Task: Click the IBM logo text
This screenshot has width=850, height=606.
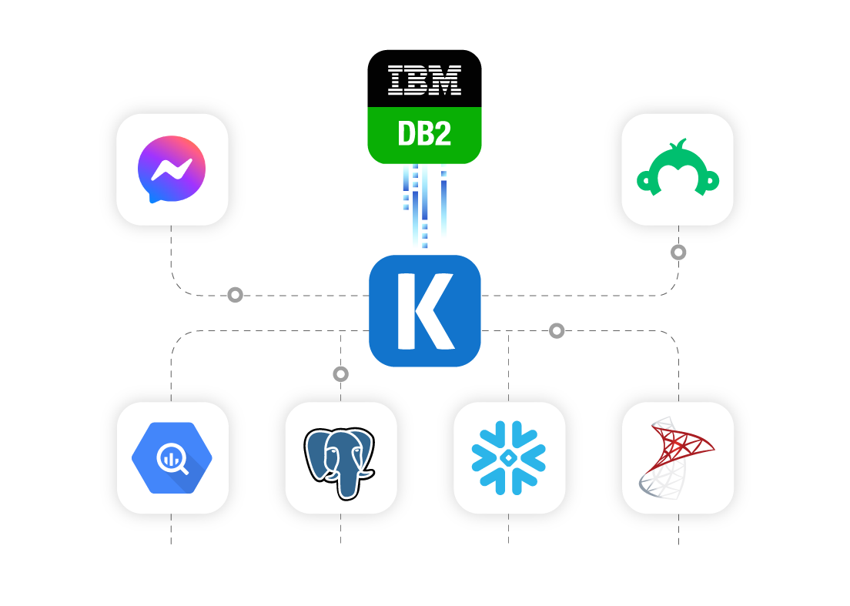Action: (424, 80)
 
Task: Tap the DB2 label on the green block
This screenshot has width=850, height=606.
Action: (424, 134)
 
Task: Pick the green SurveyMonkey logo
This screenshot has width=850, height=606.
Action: (678, 169)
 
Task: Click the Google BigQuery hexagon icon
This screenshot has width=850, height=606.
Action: (172, 458)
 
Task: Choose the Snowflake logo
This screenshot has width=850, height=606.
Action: (509, 457)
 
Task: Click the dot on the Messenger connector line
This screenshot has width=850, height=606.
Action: (235, 295)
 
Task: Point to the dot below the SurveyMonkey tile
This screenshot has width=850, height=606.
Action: (678, 252)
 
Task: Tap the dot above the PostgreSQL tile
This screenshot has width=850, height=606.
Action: (340, 374)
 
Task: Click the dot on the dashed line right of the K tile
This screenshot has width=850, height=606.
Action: (557, 331)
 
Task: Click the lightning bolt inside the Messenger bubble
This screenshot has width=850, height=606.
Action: (172, 169)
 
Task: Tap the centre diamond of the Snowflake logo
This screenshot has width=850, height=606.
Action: (509, 457)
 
